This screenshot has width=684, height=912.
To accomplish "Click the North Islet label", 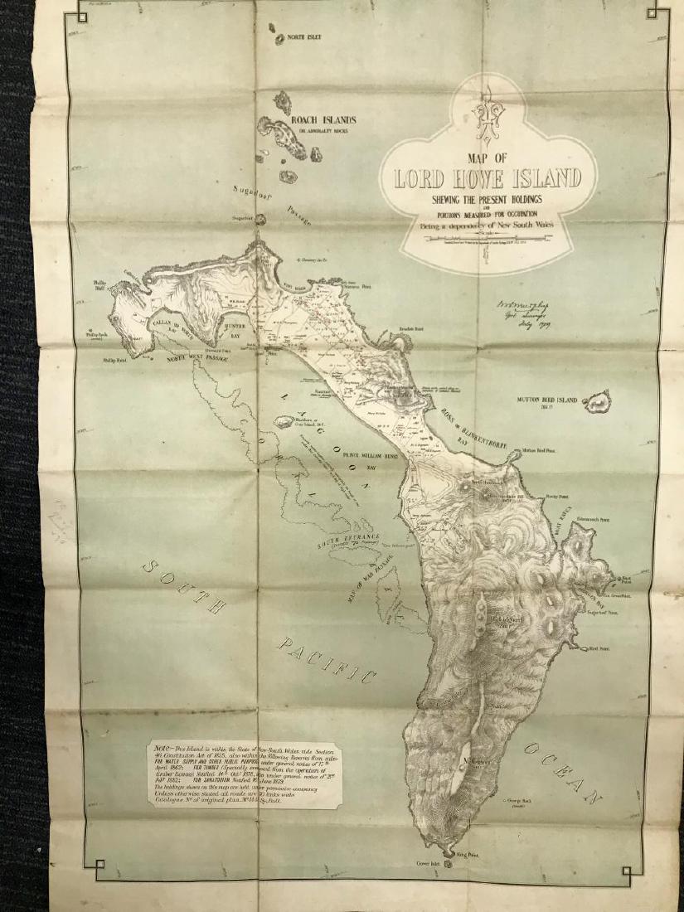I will coord(304,38).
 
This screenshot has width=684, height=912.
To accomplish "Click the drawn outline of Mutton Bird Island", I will coord(596,403).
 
